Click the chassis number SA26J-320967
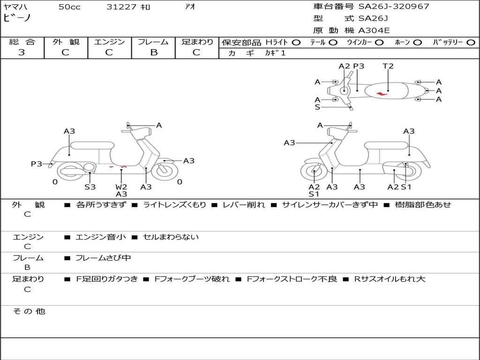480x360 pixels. (394, 7)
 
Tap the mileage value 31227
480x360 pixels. (121, 7)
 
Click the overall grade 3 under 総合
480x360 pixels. (22, 52)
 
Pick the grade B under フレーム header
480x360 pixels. (153, 52)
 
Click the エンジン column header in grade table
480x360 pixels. (109, 42)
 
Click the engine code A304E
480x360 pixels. (374, 31)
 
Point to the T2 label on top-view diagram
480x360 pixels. (388, 66)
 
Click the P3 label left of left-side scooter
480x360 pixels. (37, 164)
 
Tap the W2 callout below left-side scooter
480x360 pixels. (121, 187)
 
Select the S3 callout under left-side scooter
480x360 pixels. (90, 187)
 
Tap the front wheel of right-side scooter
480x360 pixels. (314, 172)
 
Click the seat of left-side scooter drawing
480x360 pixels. (91, 145)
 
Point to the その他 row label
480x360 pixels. (29, 311)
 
